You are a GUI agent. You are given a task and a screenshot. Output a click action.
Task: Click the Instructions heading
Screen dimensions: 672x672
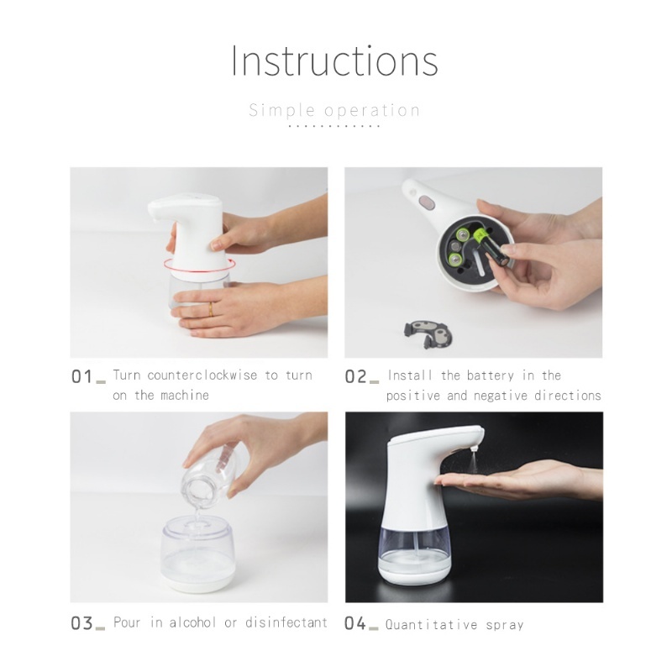pos(334,60)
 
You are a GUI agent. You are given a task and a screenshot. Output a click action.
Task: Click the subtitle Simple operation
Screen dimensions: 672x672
pos(334,111)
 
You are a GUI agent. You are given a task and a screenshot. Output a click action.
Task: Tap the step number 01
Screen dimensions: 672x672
pos(81,377)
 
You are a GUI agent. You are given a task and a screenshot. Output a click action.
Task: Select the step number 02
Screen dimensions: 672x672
pos(355,377)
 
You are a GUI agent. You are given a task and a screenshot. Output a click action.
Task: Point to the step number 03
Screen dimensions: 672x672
pos(81,623)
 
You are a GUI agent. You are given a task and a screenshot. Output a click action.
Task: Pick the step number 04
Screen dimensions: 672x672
pos(355,623)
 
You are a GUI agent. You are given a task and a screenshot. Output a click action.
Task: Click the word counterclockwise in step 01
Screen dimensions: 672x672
pos(202,375)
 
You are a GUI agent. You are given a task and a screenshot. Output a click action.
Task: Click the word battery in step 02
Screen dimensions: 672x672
pos(491,375)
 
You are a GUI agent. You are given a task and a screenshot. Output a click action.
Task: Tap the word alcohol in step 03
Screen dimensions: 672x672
pos(193,622)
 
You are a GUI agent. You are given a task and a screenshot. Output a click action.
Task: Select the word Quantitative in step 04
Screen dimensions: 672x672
pos(431,625)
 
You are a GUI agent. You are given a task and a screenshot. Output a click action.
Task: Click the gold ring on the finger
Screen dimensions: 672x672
pos(211,309)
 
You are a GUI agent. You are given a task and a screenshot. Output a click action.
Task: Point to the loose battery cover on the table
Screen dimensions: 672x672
pos(428,333)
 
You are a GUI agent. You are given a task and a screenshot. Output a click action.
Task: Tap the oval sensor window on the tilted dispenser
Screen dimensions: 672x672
pos(426,202)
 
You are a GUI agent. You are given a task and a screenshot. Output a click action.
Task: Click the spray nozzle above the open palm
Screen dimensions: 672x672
pos(474,450)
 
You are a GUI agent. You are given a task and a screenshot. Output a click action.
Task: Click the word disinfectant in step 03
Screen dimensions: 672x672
pos(286,622)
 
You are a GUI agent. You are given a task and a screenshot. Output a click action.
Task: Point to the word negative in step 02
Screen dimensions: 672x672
pos(501,396)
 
